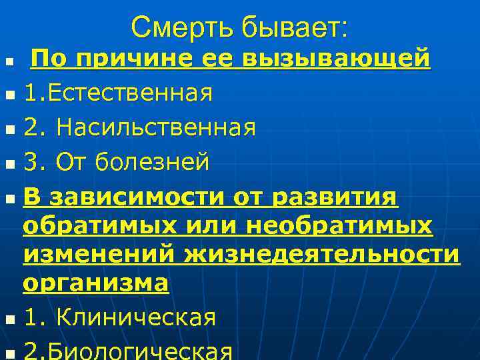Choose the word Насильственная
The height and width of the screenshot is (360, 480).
point(156,127)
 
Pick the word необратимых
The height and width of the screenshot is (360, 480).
point(340,227)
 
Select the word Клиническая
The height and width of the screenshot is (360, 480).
point(136,318)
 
